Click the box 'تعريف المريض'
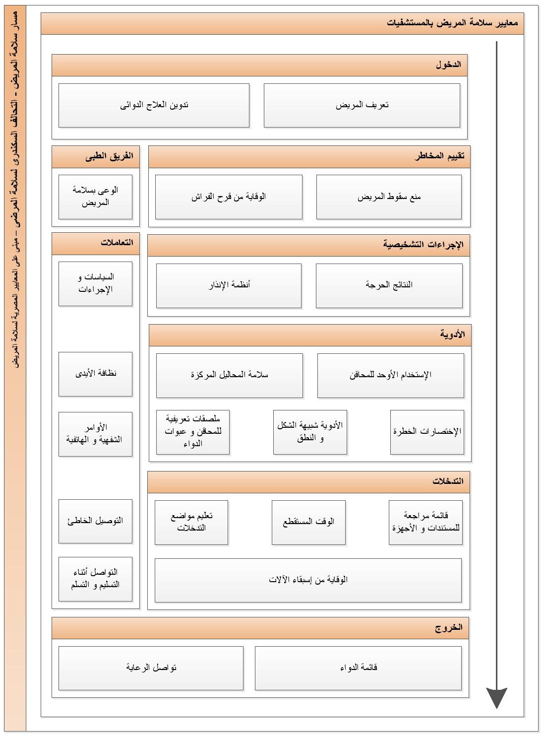point(362,105)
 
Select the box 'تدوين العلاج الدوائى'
point(154,105)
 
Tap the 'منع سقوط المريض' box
point(389,197)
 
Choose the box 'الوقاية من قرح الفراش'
point(229,197)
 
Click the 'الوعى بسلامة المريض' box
point(95,197)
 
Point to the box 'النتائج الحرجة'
point(389,285)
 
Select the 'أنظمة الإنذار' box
point(229,285)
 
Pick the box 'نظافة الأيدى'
point(95,374)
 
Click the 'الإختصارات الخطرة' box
point(427,432)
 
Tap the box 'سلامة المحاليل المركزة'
point(229,375)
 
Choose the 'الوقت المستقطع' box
point(308,522)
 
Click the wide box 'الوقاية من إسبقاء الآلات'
point(308,580)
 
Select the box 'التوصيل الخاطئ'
point(95,521)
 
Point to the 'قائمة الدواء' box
point(358,668)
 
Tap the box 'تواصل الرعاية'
point(151,668)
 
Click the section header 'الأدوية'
point(310,335)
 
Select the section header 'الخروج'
point(260,628)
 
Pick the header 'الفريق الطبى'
point(96,156)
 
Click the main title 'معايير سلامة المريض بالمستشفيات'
point(282,23)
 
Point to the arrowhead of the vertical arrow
point(496,697)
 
